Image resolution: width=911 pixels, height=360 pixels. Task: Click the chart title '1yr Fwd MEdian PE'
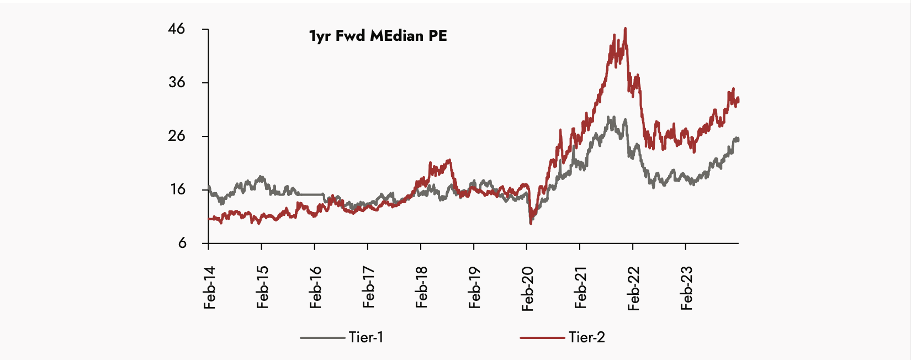pos(378,36)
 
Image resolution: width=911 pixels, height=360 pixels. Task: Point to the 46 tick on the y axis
pos(177,29)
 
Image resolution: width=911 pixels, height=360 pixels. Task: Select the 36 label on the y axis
pos(177,82)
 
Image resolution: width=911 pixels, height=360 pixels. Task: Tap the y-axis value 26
pos(177,136)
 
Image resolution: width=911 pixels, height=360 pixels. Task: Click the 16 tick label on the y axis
pos(177,189)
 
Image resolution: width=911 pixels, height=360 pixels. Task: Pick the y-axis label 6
pos(182,243)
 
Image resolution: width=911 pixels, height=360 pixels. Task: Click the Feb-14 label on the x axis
pos(210,288)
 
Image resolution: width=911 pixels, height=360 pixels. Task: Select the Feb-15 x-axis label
pos(263,288)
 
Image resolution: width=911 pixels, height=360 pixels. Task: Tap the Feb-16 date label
pos(316,288)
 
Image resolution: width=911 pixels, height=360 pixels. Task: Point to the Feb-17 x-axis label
pos(369,288)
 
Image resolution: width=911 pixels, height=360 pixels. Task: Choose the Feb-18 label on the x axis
pos(422,288)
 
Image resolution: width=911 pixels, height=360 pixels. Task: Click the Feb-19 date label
pos(475,288)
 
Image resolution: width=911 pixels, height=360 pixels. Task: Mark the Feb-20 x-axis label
pos(528,289)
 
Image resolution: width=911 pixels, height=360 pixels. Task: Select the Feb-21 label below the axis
pos(581,288)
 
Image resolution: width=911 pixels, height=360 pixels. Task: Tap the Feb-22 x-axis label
pos(634,289)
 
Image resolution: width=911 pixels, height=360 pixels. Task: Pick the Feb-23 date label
pos(687,289)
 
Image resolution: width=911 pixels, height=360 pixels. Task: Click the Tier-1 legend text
pos(366,337)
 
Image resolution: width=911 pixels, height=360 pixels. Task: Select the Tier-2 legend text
pos(586,337)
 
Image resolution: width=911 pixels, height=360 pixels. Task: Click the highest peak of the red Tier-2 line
pos(625,29)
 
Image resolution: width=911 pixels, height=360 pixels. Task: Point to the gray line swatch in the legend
pos(322,337)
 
